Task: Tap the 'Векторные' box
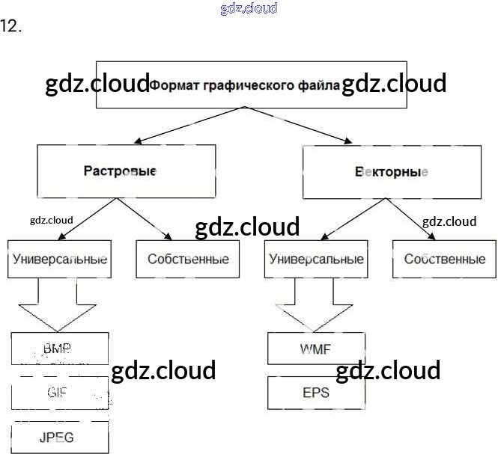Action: coord(392,171)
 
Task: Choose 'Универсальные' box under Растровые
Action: coord(60,260)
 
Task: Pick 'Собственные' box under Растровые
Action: coord(188,260)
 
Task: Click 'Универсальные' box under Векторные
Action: coord(316,260)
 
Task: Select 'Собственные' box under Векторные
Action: coord(444,260)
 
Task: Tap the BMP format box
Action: coord(60,349)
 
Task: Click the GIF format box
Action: coord(60,392)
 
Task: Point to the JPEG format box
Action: coord(60,437)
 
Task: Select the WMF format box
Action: coord(316,349)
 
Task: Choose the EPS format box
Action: coord(316,393)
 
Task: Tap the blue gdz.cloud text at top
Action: coord(249,8)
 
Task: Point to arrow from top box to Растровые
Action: coord(187,126)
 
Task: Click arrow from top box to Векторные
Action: coord(300,126)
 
